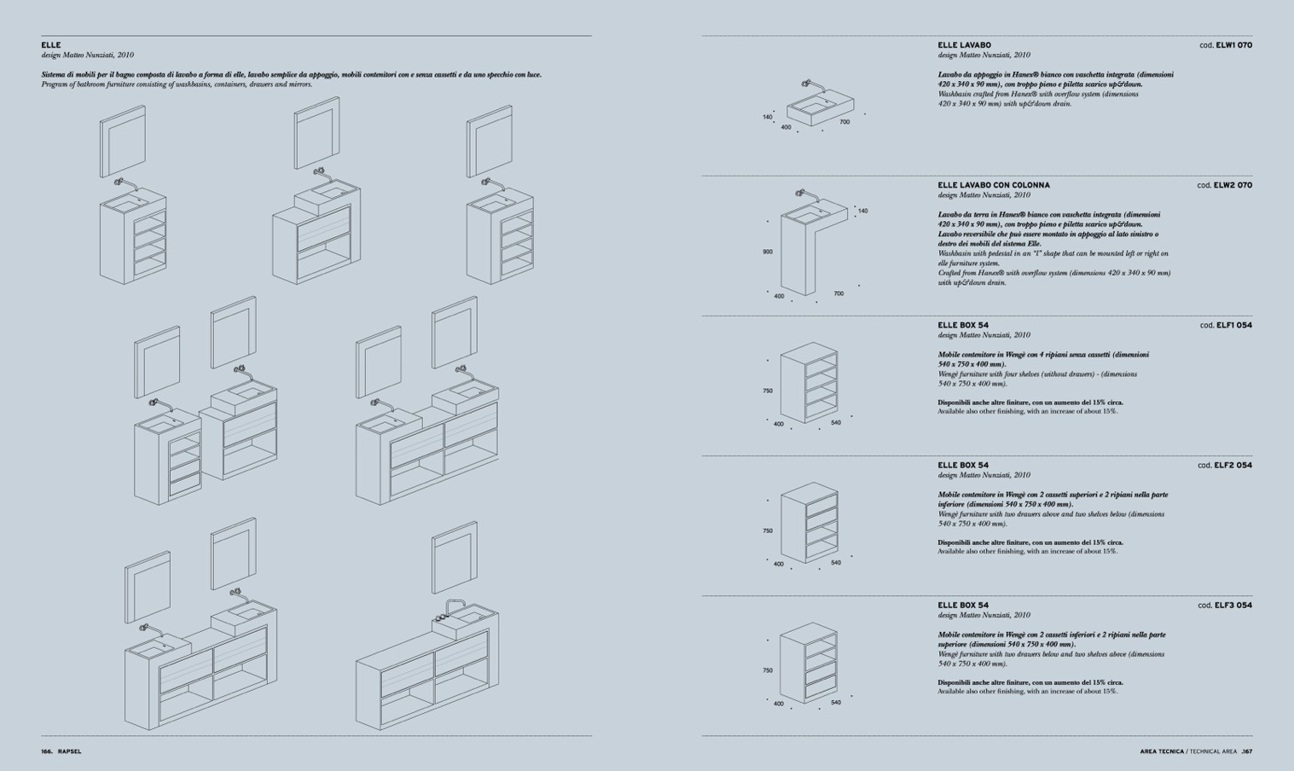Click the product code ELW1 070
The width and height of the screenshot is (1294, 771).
pos(1233,45)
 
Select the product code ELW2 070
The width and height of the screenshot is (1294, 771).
pos(1233,185)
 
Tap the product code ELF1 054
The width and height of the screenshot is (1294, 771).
pos(1233,325)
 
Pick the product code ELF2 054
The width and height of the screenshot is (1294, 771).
pos(1233,465)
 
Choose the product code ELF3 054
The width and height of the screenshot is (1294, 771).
pos(1233,605)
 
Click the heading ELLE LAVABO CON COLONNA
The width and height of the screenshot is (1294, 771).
pos(994,185)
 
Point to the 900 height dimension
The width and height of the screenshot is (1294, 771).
pos(768,252)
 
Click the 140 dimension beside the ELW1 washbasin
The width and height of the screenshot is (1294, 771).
pos(768,117)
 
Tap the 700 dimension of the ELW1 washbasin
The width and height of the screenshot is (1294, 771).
pos(844,122)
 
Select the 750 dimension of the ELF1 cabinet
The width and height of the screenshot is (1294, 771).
pos(768,391)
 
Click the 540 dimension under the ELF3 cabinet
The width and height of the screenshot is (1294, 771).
pos(836,703)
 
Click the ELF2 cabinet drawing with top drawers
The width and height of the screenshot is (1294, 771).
pos(809,522)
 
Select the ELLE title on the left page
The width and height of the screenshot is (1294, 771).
pos(51,45)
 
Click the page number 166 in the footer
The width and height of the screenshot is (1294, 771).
pos(47,751)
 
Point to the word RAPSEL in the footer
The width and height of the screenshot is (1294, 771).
pos(69,751)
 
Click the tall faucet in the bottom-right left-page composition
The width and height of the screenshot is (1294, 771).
pos(453,607)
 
